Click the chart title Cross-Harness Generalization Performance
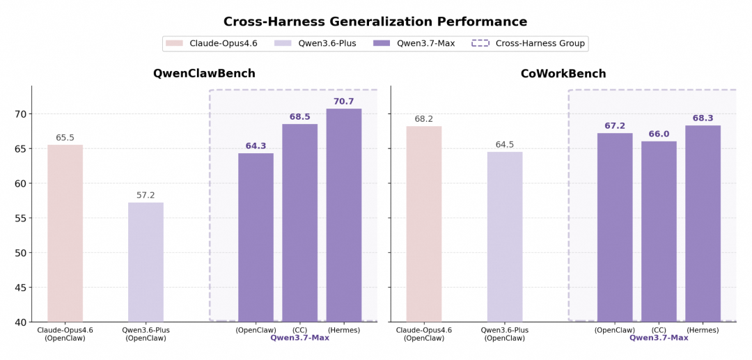pyautogui.click(x=375, y=22)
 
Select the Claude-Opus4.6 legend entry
pyautogui.click(x=212, y=44)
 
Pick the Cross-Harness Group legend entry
pyautogui.click(x=528, y=44)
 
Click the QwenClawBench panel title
pyautogui.click(x=204, y=74)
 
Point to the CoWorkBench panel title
pyautogui.click(x=563, y=74)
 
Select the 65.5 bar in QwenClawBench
pyautogui.click(x=65, y=233)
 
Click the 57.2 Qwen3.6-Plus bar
pyautogui.click(x=146, y=262)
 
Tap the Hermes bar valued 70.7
pyautogui.click(x=344, y=215)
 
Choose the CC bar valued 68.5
pyautogui.click(x=299, y=223)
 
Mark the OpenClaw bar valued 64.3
pyautogui.click(x=256, y=237)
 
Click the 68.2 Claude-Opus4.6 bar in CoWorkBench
pyautogui.click(x=424, y=224)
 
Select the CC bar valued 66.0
pyautogui.click(x=659, y=232)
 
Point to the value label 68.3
pyautogui.click(x=703, y=118)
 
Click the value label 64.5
pyautogui.click(x=505, y=144)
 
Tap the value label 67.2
pyautogui.click(x=614, y=125)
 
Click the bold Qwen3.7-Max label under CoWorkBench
pyautogui.click(x=659, y=338)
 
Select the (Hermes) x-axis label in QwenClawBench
pyautogui.click(x=343, y=330)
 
